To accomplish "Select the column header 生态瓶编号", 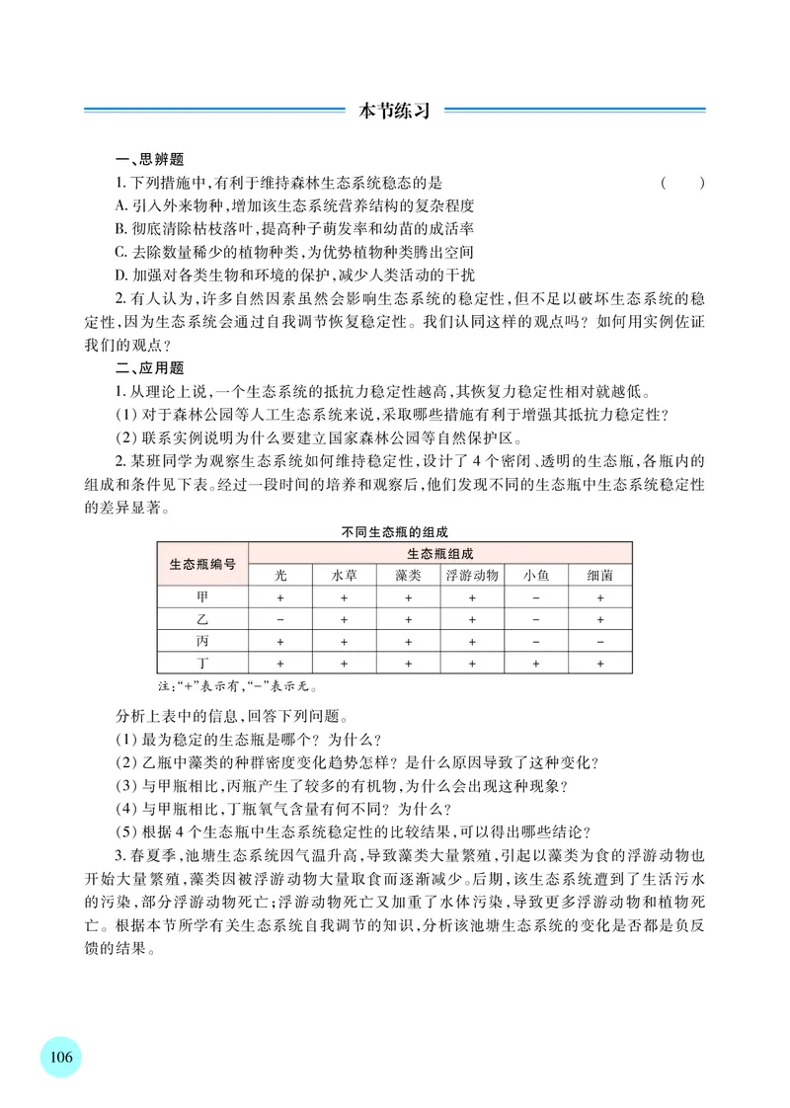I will click(202, 564).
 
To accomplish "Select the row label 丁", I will click(202, 664).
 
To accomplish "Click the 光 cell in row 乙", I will click(280, 620).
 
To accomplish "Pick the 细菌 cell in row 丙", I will click(599, 642).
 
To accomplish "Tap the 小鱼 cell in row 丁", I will click(536, 664).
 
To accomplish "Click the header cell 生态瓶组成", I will click(440, 554).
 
